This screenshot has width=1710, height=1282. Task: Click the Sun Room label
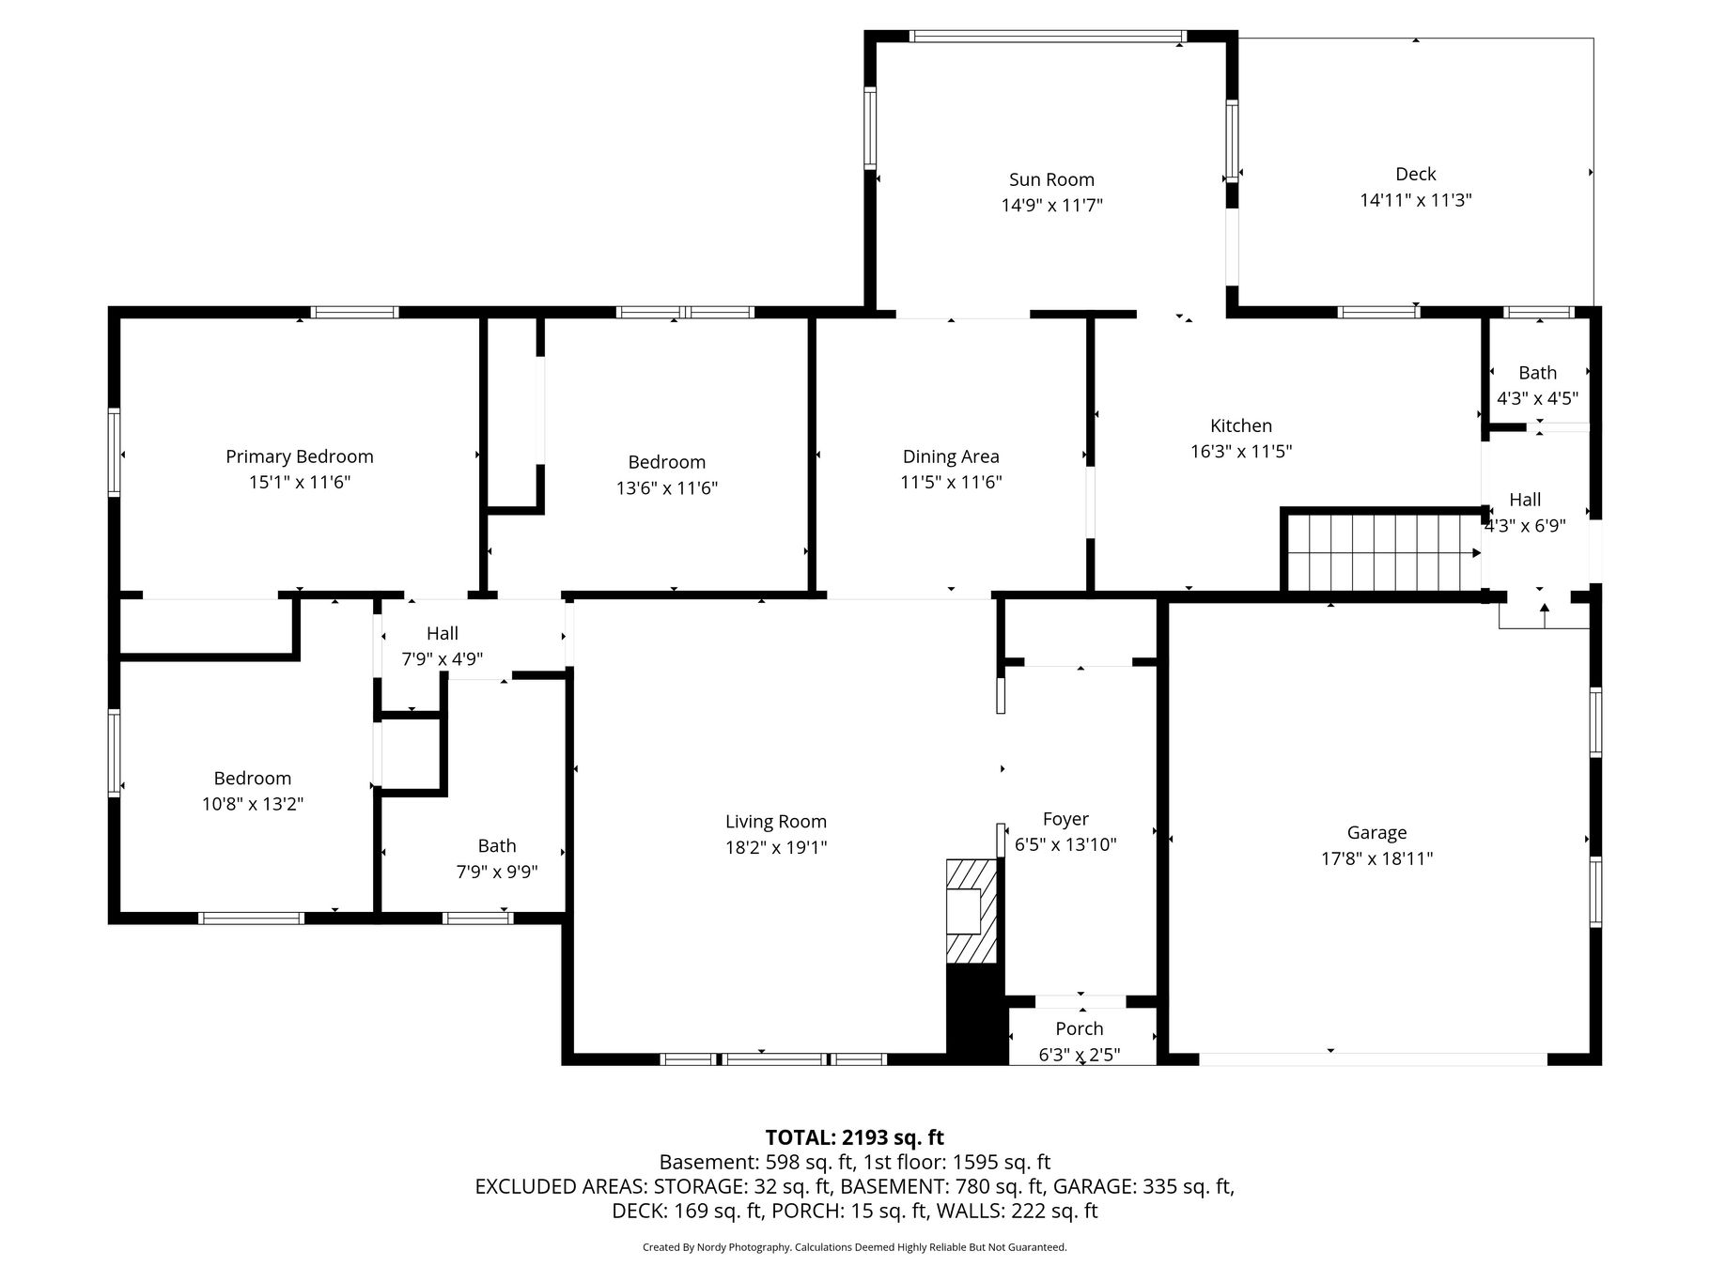click(x=1051, y=179)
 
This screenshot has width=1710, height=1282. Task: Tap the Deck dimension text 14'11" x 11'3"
click(x=1415, y=200)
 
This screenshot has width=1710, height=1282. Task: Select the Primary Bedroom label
click(x=300, y=456)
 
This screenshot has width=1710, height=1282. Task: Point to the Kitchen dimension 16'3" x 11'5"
click(x=1241, y=451)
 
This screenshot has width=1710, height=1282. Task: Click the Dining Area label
click(x=951, y=456)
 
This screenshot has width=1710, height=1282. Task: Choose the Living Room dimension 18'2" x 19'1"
click(x=776, y=847)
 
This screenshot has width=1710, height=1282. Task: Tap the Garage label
click(x=1376, y=832)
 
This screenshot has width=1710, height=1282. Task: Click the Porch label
click(x=1080, y=1028)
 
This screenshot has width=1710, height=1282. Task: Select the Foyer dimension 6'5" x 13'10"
click(x=1065, y=844)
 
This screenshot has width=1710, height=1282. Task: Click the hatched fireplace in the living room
click(x=971, y=910)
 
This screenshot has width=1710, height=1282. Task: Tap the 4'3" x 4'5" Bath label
click(x=1537, y=373)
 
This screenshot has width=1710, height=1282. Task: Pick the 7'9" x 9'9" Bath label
click(x=496, y=845)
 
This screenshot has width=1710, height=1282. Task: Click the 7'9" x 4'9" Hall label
click(x=443, y=633)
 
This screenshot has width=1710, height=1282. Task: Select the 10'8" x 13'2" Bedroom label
click(x=252, y=778)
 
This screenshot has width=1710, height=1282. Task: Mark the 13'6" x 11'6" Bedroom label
click(x=667, y=462)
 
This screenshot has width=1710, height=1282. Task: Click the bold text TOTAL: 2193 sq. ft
click(x=854, y=1137)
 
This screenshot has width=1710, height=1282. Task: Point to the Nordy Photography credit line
click(x=854, y=1247)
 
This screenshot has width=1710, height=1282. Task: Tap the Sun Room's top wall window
click(x=1048, y=37)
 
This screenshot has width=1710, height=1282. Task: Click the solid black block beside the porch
click(x=976, y=1013)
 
